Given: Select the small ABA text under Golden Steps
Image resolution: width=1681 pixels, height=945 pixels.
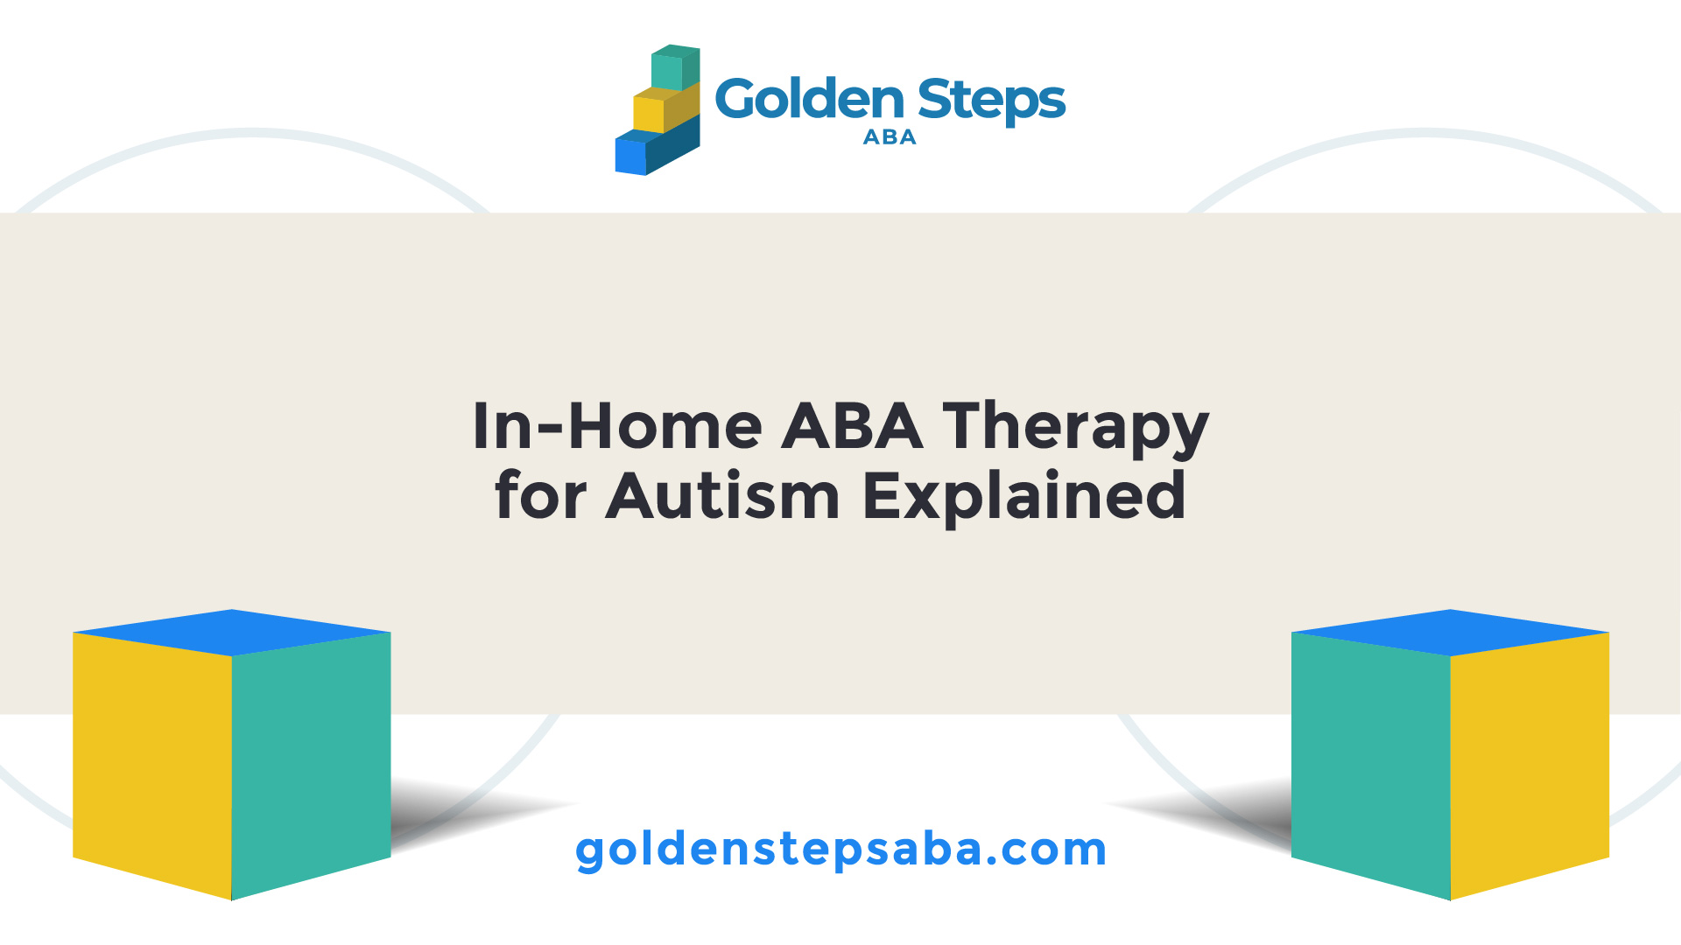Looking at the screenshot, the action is click(890, 137).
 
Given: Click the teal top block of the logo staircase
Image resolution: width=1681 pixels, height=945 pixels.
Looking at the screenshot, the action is click(675, 68).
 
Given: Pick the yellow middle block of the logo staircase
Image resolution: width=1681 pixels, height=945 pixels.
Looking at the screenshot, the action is click(665, 108).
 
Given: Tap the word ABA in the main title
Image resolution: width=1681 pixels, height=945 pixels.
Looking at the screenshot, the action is click(852, 426).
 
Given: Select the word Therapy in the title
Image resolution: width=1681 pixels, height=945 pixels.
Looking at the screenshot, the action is click(1075, 430).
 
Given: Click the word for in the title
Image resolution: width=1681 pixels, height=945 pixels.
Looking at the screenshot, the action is click(540, 495).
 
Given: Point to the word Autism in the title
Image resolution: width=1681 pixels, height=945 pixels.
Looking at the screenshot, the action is click(722, 496).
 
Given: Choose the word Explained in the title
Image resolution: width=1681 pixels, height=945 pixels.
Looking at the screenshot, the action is click(1024, 499).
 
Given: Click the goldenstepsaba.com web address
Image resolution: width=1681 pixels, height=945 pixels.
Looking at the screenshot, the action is click(840, 850).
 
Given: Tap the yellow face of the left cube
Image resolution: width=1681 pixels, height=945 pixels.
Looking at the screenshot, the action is click(152, 766).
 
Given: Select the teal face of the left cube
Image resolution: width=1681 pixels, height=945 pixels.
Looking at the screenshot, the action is click(311, 766).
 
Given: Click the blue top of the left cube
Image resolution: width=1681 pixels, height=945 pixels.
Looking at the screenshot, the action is click(232, 633).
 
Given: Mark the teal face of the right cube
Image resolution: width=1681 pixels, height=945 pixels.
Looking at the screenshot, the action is click(1371, 766).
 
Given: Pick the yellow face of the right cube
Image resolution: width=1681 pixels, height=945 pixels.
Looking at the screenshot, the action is click(1530, 766).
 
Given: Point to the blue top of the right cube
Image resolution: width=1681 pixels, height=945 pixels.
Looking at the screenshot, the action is click(1451, 633).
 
